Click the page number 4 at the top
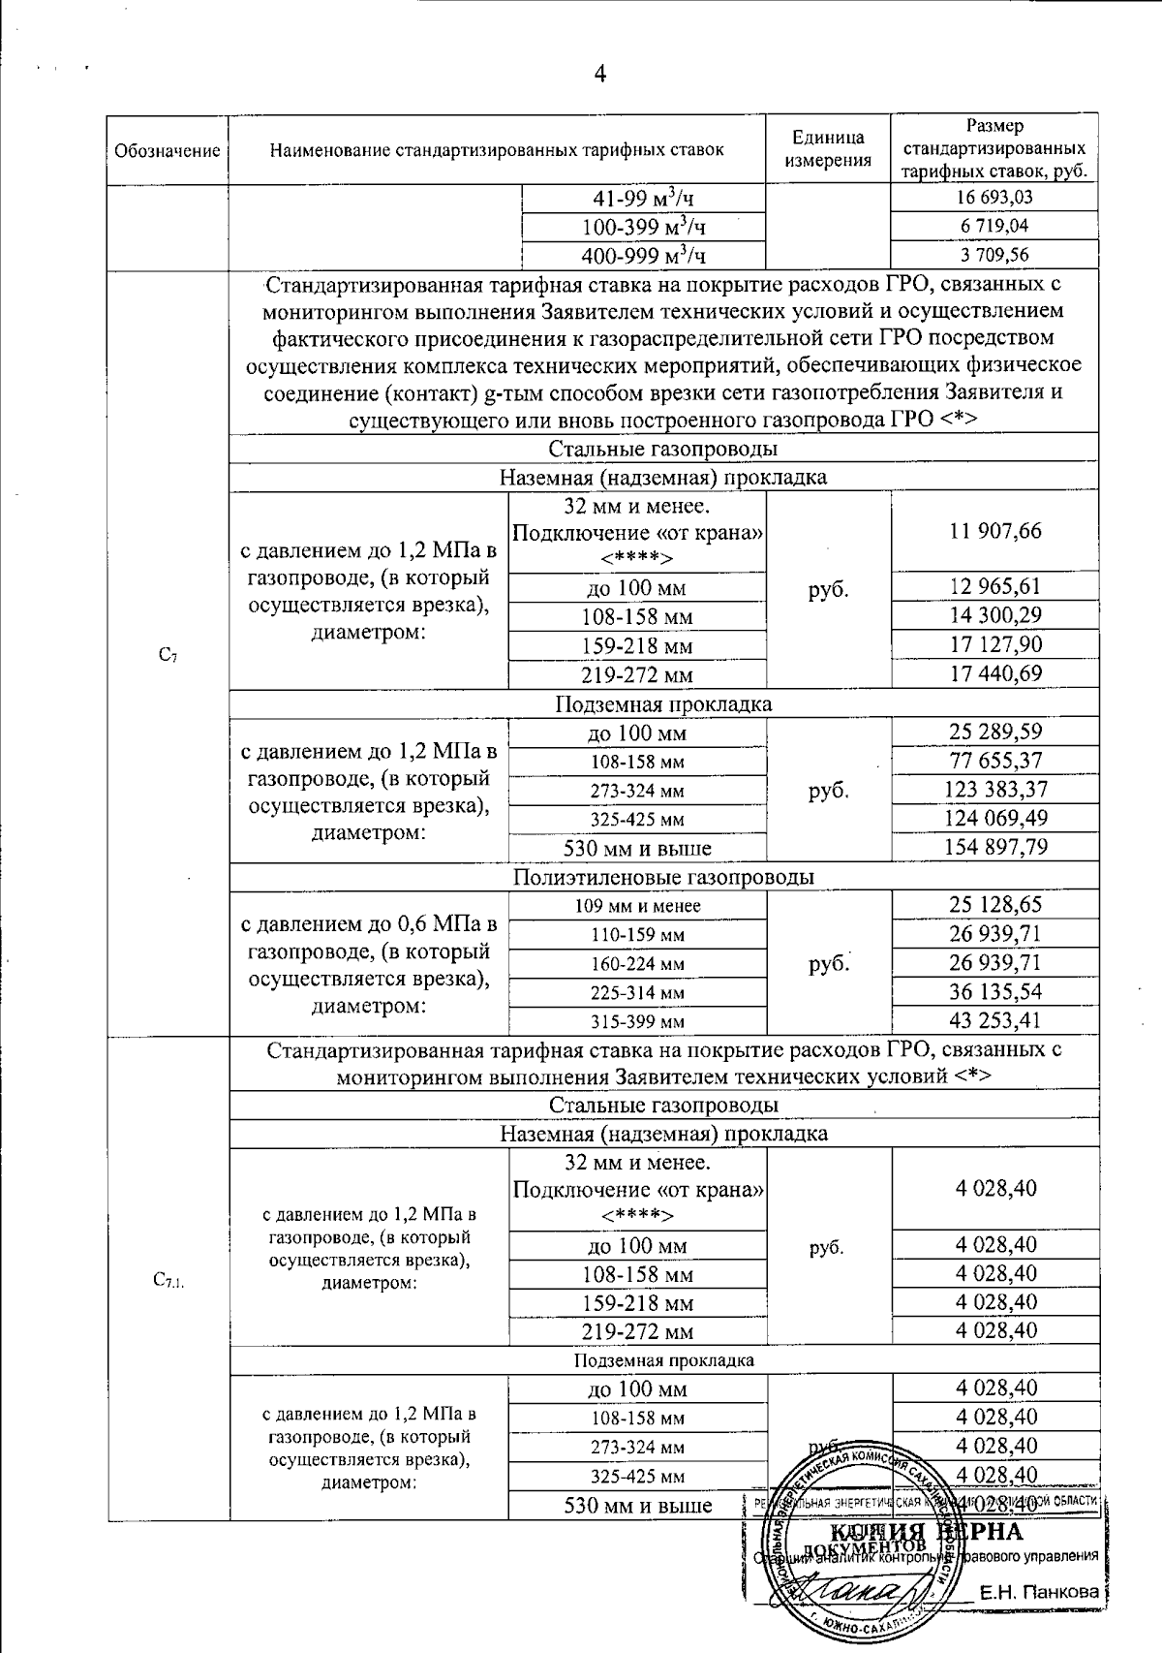click(x=599, y=75)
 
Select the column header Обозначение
click(x=168, y=151)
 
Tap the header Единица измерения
click(x=827, y=149)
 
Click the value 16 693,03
click(x=994, y=198)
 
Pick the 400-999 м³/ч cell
click(x=643, y=256)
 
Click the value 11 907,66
click(x=994, y=531)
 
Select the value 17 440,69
click(x=994, y=673)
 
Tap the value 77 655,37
click(x=994, y=761)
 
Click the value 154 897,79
click(x=994, y=847)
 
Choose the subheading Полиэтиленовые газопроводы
click(x=663, y=877)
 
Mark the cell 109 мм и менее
click(x=636, y=906)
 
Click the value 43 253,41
click(x=994, y=1020)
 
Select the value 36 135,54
click(x=994, y=992)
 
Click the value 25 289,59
click(x=994, y=732)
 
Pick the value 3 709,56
click(x=994, y=256)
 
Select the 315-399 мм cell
click(x=636, y=1021)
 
